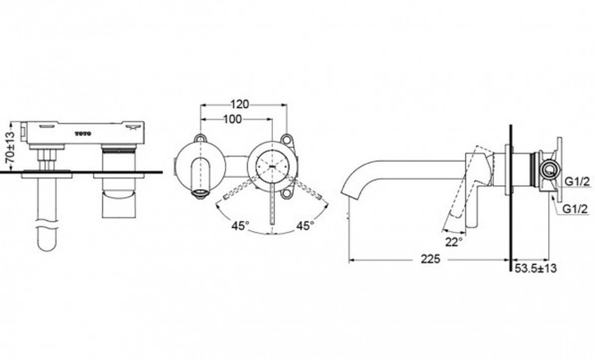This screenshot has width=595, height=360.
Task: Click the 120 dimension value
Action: click(240, 104)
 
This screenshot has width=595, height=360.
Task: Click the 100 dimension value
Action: click(232, 119)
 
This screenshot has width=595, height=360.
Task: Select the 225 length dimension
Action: click(430, 259)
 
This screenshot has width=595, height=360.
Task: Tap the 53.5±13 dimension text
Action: click(535, 268)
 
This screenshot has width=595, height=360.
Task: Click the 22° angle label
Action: click(454, 242)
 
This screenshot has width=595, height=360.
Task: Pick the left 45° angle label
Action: click(241, 226)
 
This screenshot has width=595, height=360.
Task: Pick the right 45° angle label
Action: click(305, 226)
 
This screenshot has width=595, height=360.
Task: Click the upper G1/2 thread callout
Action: click(577, 182)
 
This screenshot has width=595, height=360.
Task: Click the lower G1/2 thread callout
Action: click(575, 209)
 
